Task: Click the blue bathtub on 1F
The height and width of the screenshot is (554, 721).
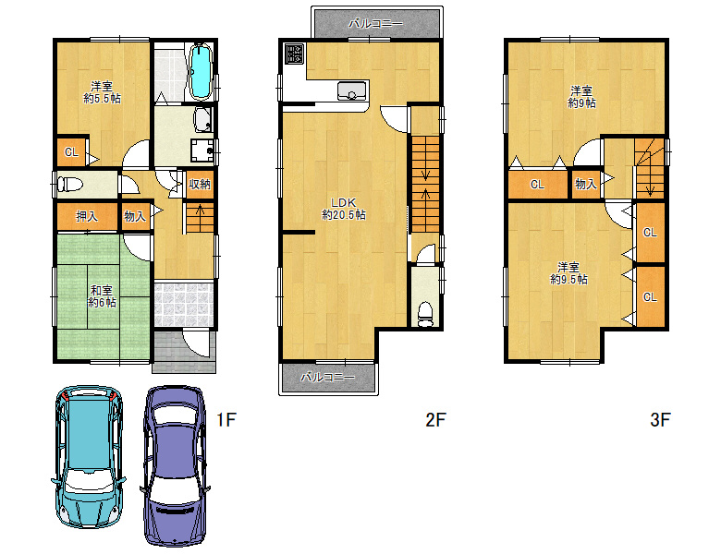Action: [x=201, y=71]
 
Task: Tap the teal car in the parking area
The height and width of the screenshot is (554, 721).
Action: [x=89, y=456]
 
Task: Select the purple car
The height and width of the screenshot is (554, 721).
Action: [x=175, y=465]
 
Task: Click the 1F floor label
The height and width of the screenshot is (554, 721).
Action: [x=226, y=419]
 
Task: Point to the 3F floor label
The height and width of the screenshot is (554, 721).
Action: [x=660, y=419]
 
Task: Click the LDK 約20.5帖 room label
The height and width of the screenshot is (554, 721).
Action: [x=344, y=209]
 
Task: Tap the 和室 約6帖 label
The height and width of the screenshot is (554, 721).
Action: [x=102, y=296]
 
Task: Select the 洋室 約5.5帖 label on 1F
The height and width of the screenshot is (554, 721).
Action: [x=102, y=92]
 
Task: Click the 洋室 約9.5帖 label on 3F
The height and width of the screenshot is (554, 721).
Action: [x=568, y=273]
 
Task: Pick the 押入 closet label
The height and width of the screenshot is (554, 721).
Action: [x=87, y=216]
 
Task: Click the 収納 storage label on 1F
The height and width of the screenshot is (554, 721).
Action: [x=200, y=185]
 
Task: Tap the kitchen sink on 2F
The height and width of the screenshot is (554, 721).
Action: [x=352, y=90]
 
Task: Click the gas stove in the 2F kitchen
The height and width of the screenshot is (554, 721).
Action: [x=294, y=54]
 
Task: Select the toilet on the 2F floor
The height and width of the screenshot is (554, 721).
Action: [x=425, y=314]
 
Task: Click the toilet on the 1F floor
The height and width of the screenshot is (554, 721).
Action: [x=69, y=185]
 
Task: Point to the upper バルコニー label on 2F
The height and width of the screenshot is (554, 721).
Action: [x=375, y=23]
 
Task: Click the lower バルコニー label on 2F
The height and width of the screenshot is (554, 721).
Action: [x=328, y=378]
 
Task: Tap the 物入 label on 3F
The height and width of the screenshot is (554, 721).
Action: [x=586, y=185]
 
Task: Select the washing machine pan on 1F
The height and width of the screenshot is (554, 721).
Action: [x=202, y=151]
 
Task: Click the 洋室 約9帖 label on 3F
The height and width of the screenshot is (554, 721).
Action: [x=581, y=97]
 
